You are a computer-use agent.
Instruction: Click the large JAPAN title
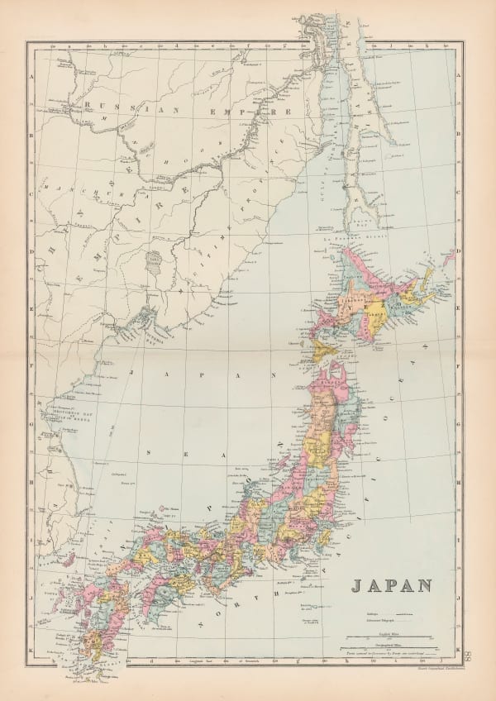(391, 585)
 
